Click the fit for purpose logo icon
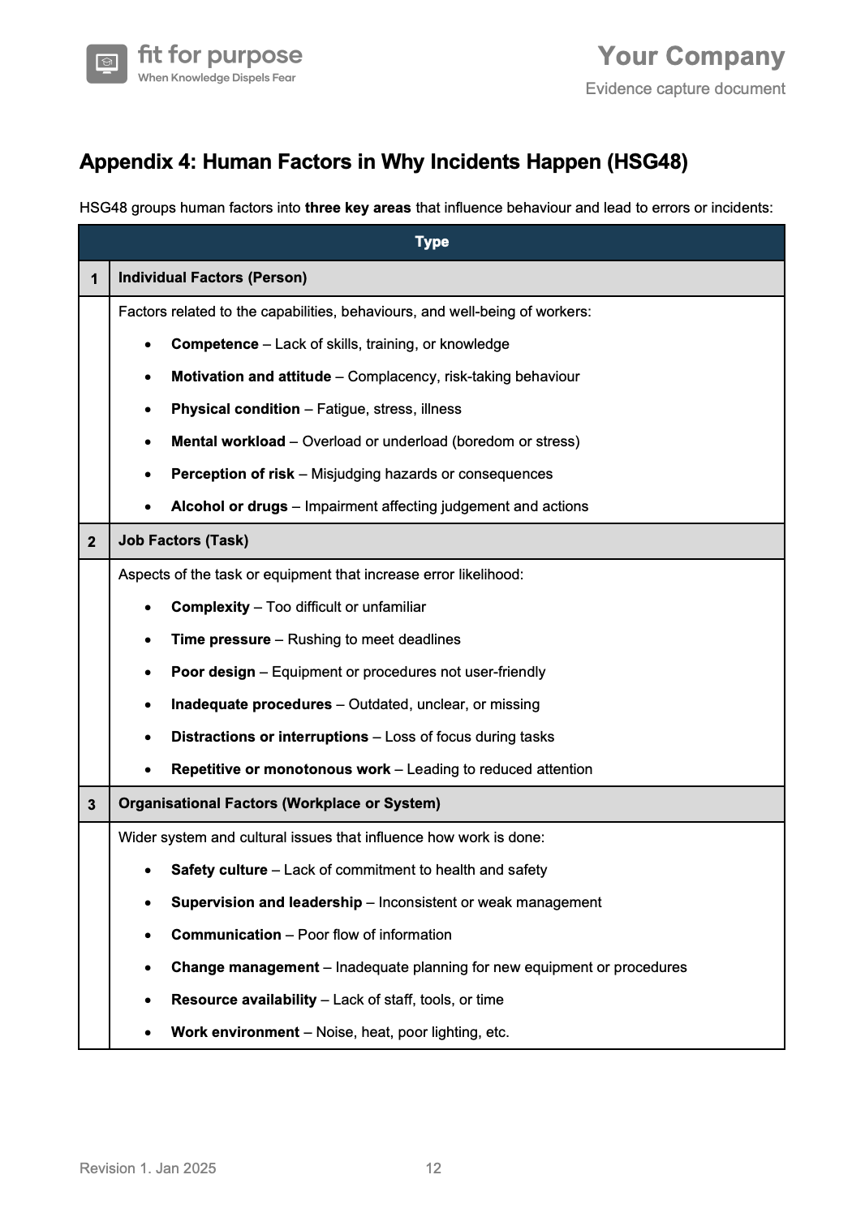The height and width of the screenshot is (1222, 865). point(107,63)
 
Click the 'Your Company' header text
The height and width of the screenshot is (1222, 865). point(691,56)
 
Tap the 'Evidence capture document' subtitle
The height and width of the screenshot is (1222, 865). point(685,88)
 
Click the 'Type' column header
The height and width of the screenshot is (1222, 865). point(432,242)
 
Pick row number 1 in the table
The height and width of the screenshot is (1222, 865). point(94,278)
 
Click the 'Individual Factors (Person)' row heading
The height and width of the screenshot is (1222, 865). point(213,278)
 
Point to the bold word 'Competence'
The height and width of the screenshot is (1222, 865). point(214,344)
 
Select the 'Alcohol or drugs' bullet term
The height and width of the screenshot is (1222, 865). point(229,506)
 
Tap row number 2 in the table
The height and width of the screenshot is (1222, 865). point(92,541)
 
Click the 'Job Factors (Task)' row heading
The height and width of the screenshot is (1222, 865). point(183,540)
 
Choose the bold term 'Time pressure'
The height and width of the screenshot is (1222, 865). point(221,639)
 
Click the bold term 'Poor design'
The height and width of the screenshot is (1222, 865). point(213,672)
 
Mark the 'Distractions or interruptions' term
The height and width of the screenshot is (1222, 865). point(269,737)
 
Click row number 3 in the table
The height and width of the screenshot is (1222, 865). point(92,804)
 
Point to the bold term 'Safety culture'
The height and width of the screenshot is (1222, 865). point(219,870)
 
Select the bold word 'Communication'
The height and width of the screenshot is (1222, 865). point(226,935)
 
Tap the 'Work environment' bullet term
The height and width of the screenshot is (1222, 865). point(235,1032)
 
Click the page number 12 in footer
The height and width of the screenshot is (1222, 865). point(433,1168)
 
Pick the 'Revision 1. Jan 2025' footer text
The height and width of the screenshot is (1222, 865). point(148,1168)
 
